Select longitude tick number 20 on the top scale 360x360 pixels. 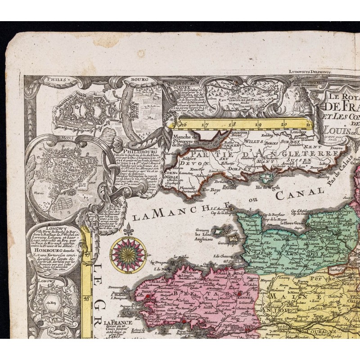[x=283, y=126]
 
